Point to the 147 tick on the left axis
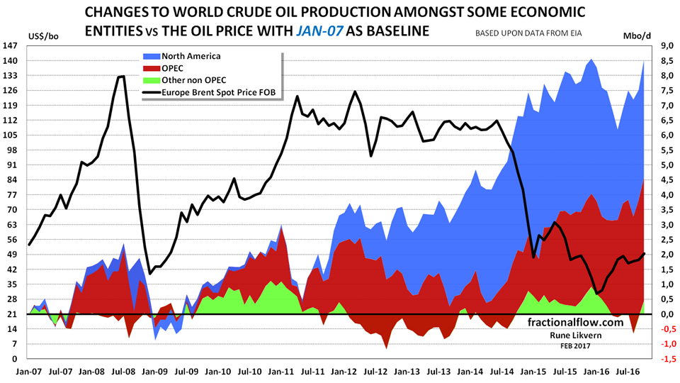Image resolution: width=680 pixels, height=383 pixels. point(10,45)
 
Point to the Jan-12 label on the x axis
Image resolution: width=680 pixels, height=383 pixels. point(345,370)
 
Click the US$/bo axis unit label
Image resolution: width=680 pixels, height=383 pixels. point(43,35)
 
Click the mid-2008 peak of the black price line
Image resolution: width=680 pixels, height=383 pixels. point(122,76)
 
